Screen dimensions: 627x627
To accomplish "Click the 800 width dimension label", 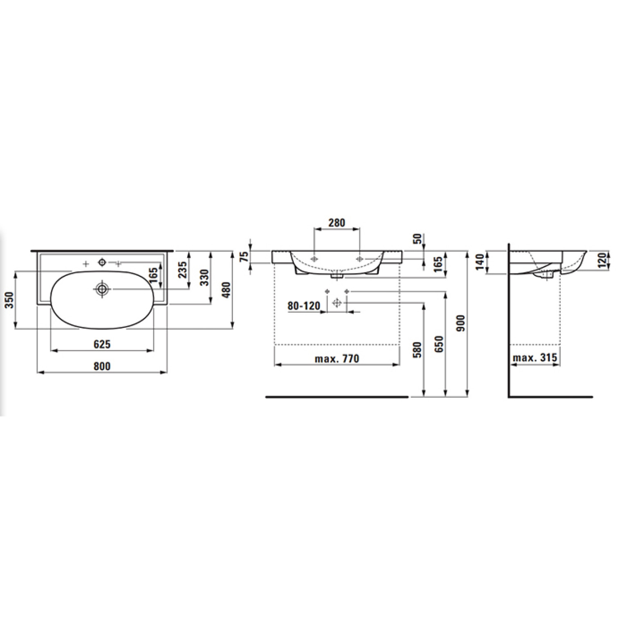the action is click(x=102, y=366).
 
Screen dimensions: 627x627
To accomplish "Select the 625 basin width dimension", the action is click(x=102, y=344).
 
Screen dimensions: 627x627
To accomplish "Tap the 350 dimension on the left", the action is click(x=11, y=300).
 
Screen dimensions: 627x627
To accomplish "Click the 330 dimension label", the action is click(x=205, y=278).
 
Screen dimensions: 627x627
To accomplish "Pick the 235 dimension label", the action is click(x=183, y=270).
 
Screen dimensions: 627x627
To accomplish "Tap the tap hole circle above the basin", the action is click(x=102, y=262).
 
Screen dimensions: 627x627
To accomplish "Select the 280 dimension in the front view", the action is click(x=337, y=222).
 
